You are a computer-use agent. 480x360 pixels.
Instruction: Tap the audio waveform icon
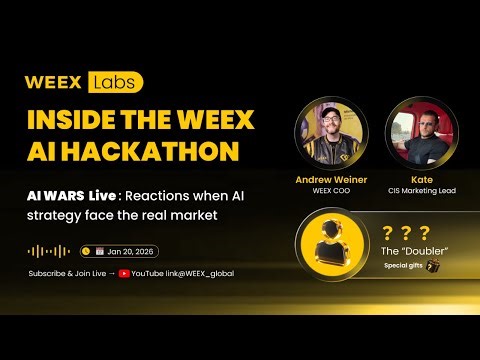[x=49, y=252]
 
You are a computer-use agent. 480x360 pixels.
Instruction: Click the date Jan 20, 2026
[x=130, y=252]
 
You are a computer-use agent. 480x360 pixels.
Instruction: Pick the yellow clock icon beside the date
[x=86, y=252]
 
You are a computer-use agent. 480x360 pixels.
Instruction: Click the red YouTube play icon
[x=124, y=273]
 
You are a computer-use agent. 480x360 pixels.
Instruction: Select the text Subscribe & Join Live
[x=66, y=273]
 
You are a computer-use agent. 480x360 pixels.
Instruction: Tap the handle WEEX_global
[x=210, y=273]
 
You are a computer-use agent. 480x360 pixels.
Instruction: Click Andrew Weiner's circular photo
[x=331, y=136]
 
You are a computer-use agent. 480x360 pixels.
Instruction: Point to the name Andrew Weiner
[x=331, y=180]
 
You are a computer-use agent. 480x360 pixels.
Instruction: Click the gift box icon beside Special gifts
[x=433, y=266]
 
